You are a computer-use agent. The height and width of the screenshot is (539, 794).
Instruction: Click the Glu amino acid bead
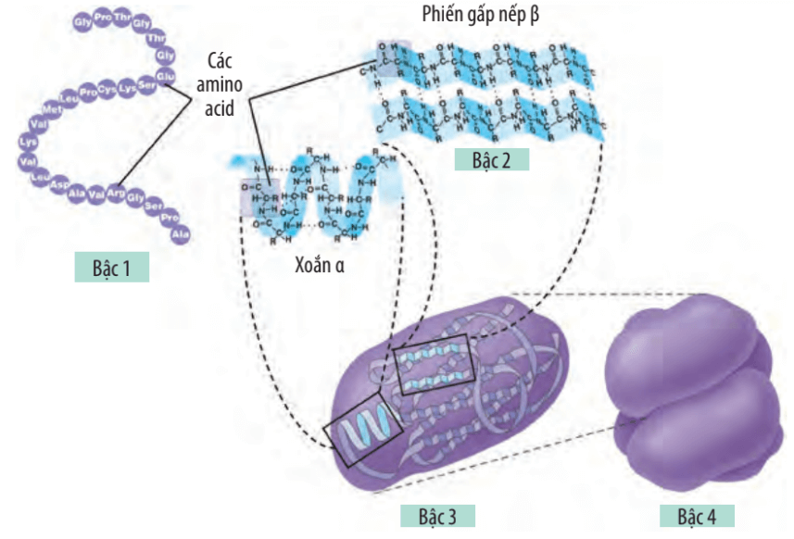point(166,75)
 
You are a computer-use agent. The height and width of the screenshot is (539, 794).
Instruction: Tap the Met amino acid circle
point(52,111)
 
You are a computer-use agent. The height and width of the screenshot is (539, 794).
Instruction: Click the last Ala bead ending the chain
point(181,234)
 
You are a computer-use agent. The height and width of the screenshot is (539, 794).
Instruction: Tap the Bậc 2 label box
point(492,158)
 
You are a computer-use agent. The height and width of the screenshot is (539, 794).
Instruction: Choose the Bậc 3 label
point(438,515)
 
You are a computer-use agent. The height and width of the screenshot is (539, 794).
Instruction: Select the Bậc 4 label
point(696,515)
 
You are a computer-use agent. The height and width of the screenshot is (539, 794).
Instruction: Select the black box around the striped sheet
point(433,370)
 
